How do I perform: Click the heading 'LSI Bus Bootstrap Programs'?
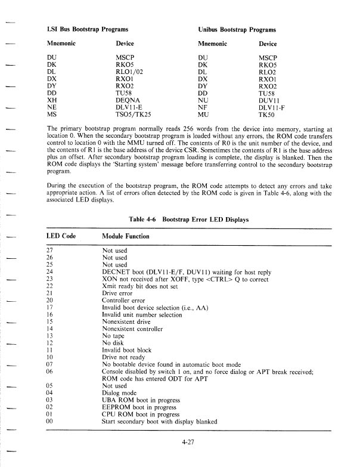pyautogui.click(x=88, y=29)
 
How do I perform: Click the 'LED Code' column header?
pyautogui.click(x=63, y=237)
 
